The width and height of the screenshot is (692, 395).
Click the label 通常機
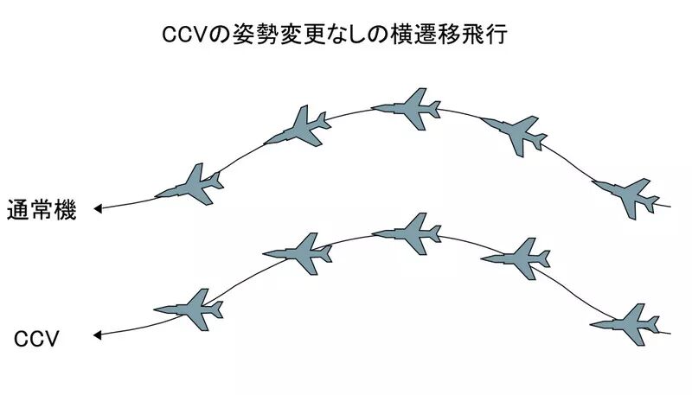[x=42, y=210]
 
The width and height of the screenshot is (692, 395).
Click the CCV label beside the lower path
[x=36, y=339]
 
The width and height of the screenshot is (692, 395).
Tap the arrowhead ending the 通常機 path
[x=98, y=208]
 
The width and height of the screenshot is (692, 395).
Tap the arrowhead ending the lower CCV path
[x=98, y=335]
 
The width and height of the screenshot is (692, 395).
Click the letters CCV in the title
[x=184, y=35]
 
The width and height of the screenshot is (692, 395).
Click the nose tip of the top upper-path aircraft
[x=372, y=107]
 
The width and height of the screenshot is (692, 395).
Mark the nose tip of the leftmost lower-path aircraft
[x=154, y=309]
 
